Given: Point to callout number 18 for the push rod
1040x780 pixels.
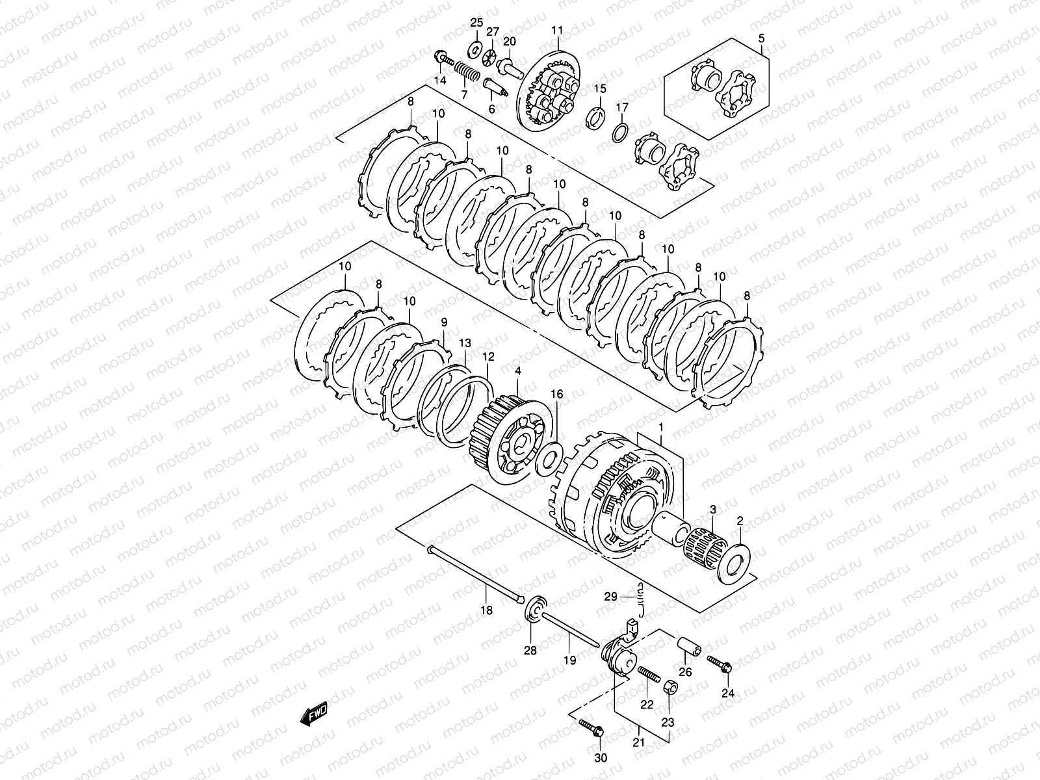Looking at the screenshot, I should click(x=486, y=610).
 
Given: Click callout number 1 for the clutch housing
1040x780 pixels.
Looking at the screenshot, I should click(x=661, y=429).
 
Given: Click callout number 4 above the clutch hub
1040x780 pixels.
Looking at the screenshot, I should click(x=517, y=371).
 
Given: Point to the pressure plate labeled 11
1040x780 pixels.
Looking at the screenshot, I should click(x=549, y=94).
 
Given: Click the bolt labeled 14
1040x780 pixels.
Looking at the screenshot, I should click(x=445, y=59).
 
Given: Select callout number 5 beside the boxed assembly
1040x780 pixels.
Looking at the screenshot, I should click(x=762, y=37).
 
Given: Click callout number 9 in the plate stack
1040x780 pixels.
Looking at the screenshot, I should click(x=445, y=322).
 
